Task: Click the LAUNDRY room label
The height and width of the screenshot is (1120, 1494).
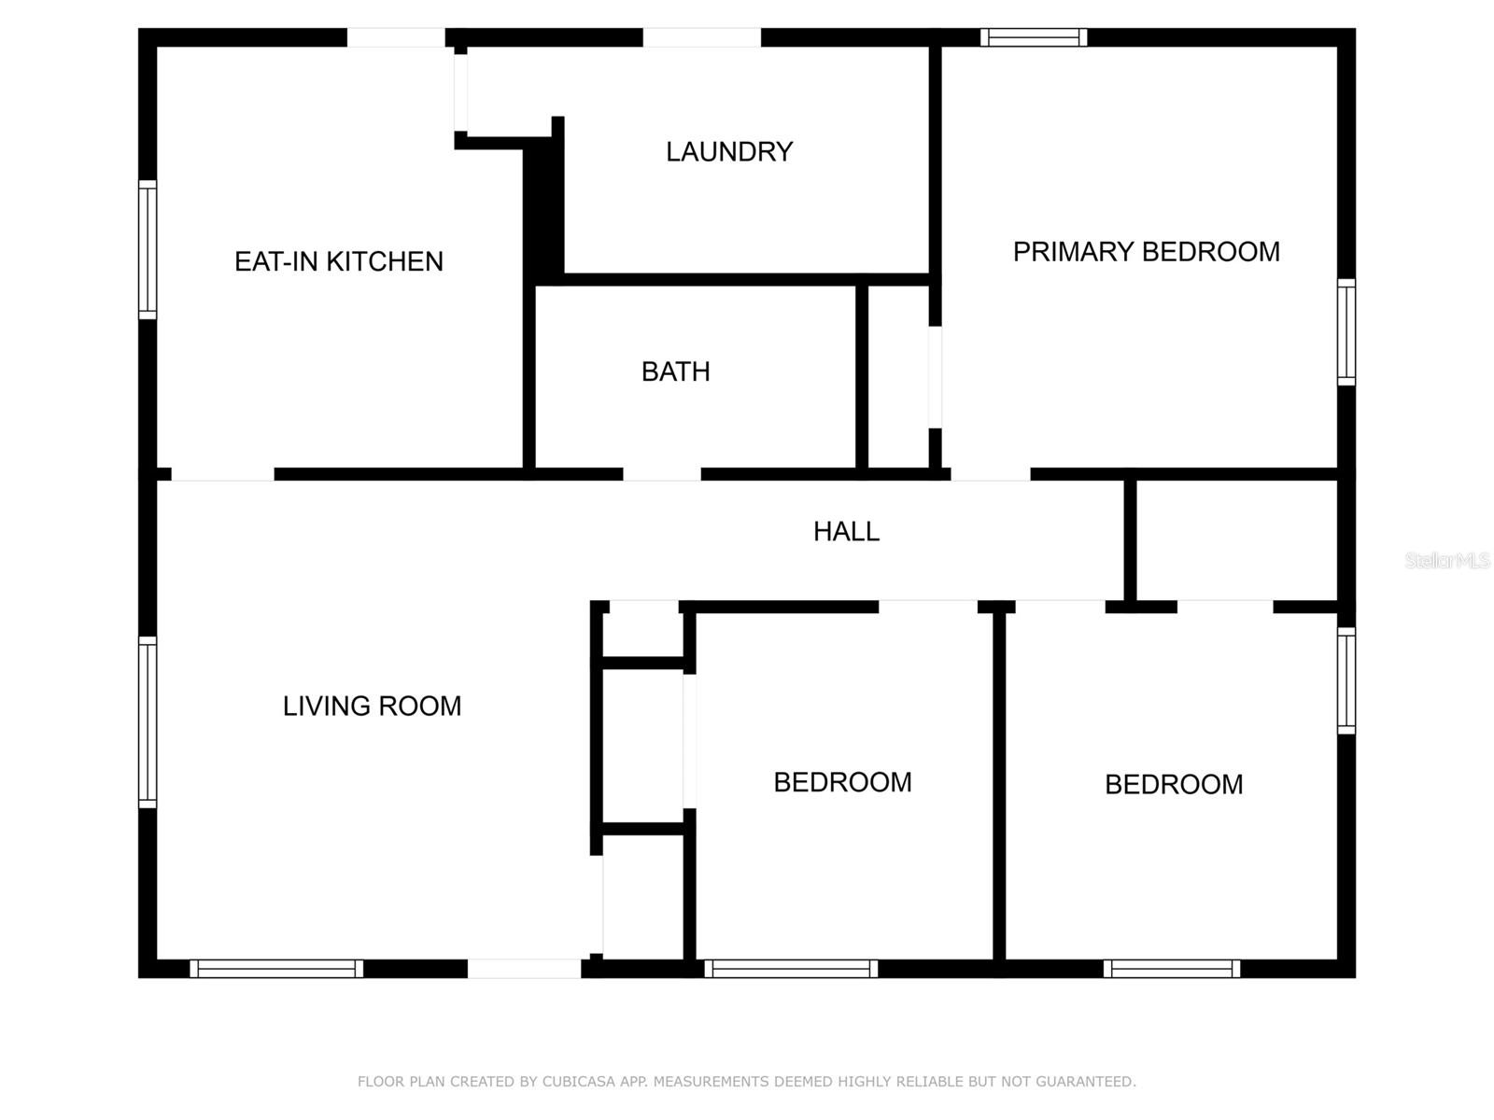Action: coord(729,151)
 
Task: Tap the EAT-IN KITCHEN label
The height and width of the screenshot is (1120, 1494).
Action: coord(338,261)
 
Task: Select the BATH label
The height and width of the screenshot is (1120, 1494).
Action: coord(675,371)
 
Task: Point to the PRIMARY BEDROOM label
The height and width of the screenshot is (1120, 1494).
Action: coord(1146,252)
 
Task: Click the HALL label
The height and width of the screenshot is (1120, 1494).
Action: coord(846,531)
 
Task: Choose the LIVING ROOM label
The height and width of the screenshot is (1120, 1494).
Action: coord(372,706)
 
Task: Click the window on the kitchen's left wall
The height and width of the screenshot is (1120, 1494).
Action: coord(148,249)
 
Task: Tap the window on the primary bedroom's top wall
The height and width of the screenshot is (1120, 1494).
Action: coord(1034,37)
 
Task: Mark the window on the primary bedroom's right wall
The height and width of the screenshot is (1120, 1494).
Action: coord(1346,331)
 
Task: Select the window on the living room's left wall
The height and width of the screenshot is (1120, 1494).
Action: coord(148,721)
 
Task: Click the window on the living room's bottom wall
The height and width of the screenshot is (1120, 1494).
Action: coord(276,969)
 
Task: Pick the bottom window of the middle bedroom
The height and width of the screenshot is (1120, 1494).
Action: coord(791,969)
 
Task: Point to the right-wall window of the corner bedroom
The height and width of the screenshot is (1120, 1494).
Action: coord(1346,680)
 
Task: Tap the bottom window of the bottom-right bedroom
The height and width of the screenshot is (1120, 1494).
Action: coord(1172,969)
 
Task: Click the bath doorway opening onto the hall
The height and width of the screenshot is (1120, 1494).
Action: coord(661,474)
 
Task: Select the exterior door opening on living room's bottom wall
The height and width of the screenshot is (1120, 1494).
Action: coord(524,969)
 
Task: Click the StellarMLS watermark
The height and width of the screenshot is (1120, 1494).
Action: coord(1446,560)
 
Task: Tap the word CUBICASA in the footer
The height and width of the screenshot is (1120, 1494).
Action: coord(582,1082)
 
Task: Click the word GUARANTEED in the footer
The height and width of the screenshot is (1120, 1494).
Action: coord(1083,1082)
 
